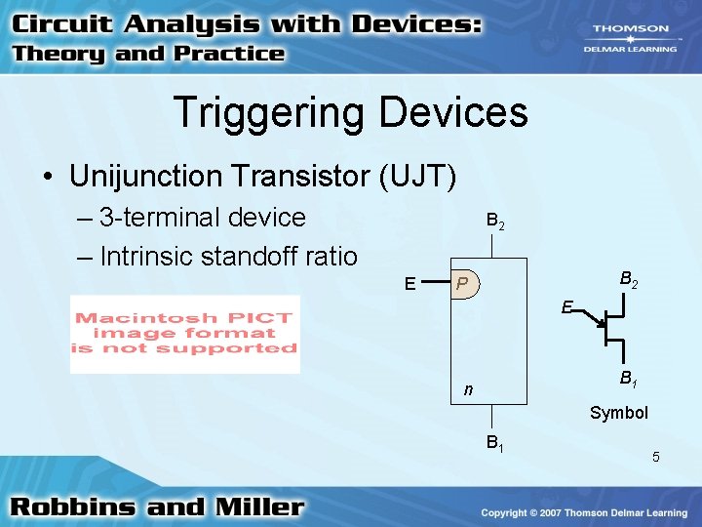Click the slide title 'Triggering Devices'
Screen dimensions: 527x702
point(351,112)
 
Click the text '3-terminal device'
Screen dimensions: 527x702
point(203,217)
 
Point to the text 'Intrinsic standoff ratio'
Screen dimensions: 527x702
point(228,256)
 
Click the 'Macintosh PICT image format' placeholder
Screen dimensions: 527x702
point(184,334)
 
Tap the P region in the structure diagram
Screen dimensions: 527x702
point(467,284)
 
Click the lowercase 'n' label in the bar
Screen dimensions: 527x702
point(468,390)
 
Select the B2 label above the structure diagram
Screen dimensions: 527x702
point(495,223)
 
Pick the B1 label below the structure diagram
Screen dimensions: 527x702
point(495,445)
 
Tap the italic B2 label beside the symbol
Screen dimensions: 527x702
point(630,280)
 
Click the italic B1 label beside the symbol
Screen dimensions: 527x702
point(629,379)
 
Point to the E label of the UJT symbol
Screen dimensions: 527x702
point(566,306)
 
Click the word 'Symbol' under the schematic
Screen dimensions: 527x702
point(618,413)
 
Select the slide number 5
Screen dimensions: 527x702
point(656,457)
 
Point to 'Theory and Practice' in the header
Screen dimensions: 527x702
point(148,54)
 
